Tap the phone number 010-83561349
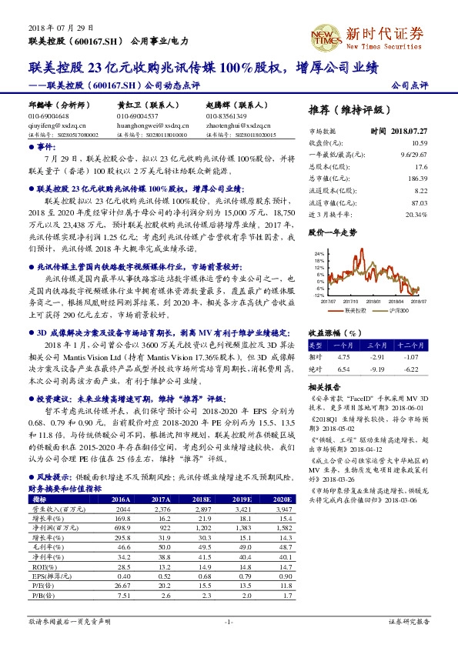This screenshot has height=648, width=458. coord(225,115)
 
